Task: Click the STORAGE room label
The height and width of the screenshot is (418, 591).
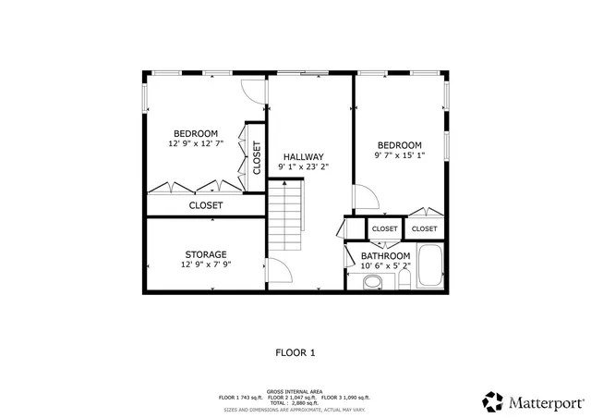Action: coord(205,254)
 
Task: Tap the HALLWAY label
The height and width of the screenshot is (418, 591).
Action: coord(303,156)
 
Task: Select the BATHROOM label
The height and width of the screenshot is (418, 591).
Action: coord(385,255)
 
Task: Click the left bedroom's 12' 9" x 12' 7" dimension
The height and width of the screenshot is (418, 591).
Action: coord(195,144)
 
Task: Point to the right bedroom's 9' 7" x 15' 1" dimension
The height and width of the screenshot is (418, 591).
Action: coord(399,156)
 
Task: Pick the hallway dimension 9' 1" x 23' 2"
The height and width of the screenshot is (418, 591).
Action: coord(303,167)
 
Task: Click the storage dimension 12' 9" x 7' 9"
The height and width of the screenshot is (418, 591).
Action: coord(205,265)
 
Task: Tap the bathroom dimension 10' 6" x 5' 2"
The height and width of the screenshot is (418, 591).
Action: coord(385,265)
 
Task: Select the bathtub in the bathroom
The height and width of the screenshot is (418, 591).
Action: coord(430,266)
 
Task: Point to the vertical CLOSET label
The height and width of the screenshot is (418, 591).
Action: coord(256,158)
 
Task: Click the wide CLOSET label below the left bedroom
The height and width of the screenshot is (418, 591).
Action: coord(206,205)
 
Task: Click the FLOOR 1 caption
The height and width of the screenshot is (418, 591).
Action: coord(295,352)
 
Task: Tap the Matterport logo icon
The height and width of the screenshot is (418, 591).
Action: coord(491,401)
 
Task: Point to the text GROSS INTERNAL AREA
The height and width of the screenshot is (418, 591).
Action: coord(295,391)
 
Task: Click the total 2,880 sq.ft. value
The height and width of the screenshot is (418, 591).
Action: coord(295,402)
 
